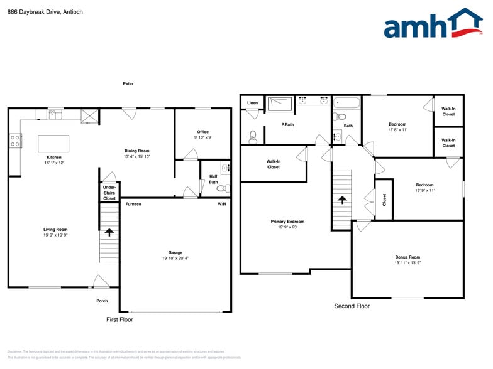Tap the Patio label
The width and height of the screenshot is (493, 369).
click(128, 83)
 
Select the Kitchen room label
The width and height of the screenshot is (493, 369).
click(54, 157)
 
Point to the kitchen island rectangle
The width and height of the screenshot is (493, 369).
click(53, 144)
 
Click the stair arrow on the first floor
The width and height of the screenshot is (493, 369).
click(109, 232)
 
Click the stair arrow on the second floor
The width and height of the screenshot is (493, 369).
click(342, 200)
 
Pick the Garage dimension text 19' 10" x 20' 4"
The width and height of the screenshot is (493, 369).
click(175, 258)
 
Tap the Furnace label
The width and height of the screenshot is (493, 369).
click(133, 204)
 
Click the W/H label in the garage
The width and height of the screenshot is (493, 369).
click(222, 204)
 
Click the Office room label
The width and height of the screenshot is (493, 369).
click(202, 132)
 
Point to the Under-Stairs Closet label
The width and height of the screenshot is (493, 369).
click(109, 192)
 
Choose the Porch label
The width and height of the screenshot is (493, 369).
click(102, 301)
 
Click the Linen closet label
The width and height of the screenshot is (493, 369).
click(252, 102)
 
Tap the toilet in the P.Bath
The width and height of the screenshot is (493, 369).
click(253, 136)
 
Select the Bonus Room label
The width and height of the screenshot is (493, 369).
click(407, 257)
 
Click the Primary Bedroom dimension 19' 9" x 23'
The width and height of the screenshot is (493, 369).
click(287, 227)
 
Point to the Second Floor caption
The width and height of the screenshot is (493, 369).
click(352, 306)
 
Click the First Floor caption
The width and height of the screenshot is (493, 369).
click(119, 319)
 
